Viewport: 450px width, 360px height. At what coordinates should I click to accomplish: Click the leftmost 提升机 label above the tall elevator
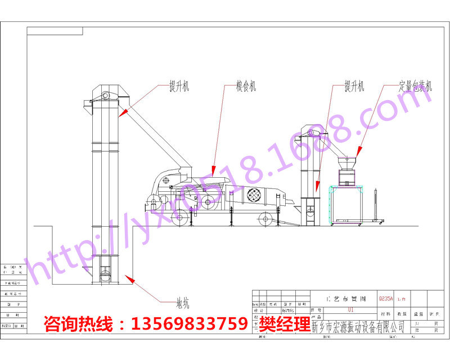[179, 86]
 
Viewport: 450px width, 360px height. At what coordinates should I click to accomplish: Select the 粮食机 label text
[246, 86]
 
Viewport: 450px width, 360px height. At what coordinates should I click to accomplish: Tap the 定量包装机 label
[416, 86]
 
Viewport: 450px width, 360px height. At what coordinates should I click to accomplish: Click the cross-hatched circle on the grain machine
[254, 195]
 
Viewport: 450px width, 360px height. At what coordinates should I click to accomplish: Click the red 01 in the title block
[351, 309]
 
